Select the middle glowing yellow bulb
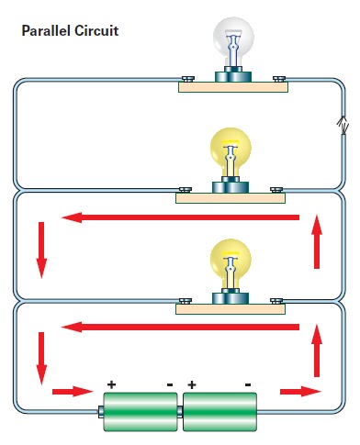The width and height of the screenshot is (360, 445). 232,151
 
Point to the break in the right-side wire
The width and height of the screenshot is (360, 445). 341,127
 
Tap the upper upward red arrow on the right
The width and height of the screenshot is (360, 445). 317,241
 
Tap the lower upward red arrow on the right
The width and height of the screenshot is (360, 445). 317,350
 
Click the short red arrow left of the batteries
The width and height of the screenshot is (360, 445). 68,393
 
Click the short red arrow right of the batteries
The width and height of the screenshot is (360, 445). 295,392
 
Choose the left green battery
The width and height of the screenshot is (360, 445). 140,412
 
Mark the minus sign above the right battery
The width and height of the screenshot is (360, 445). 248,384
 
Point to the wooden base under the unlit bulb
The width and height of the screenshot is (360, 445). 232,89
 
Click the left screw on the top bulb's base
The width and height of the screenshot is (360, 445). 186,80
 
